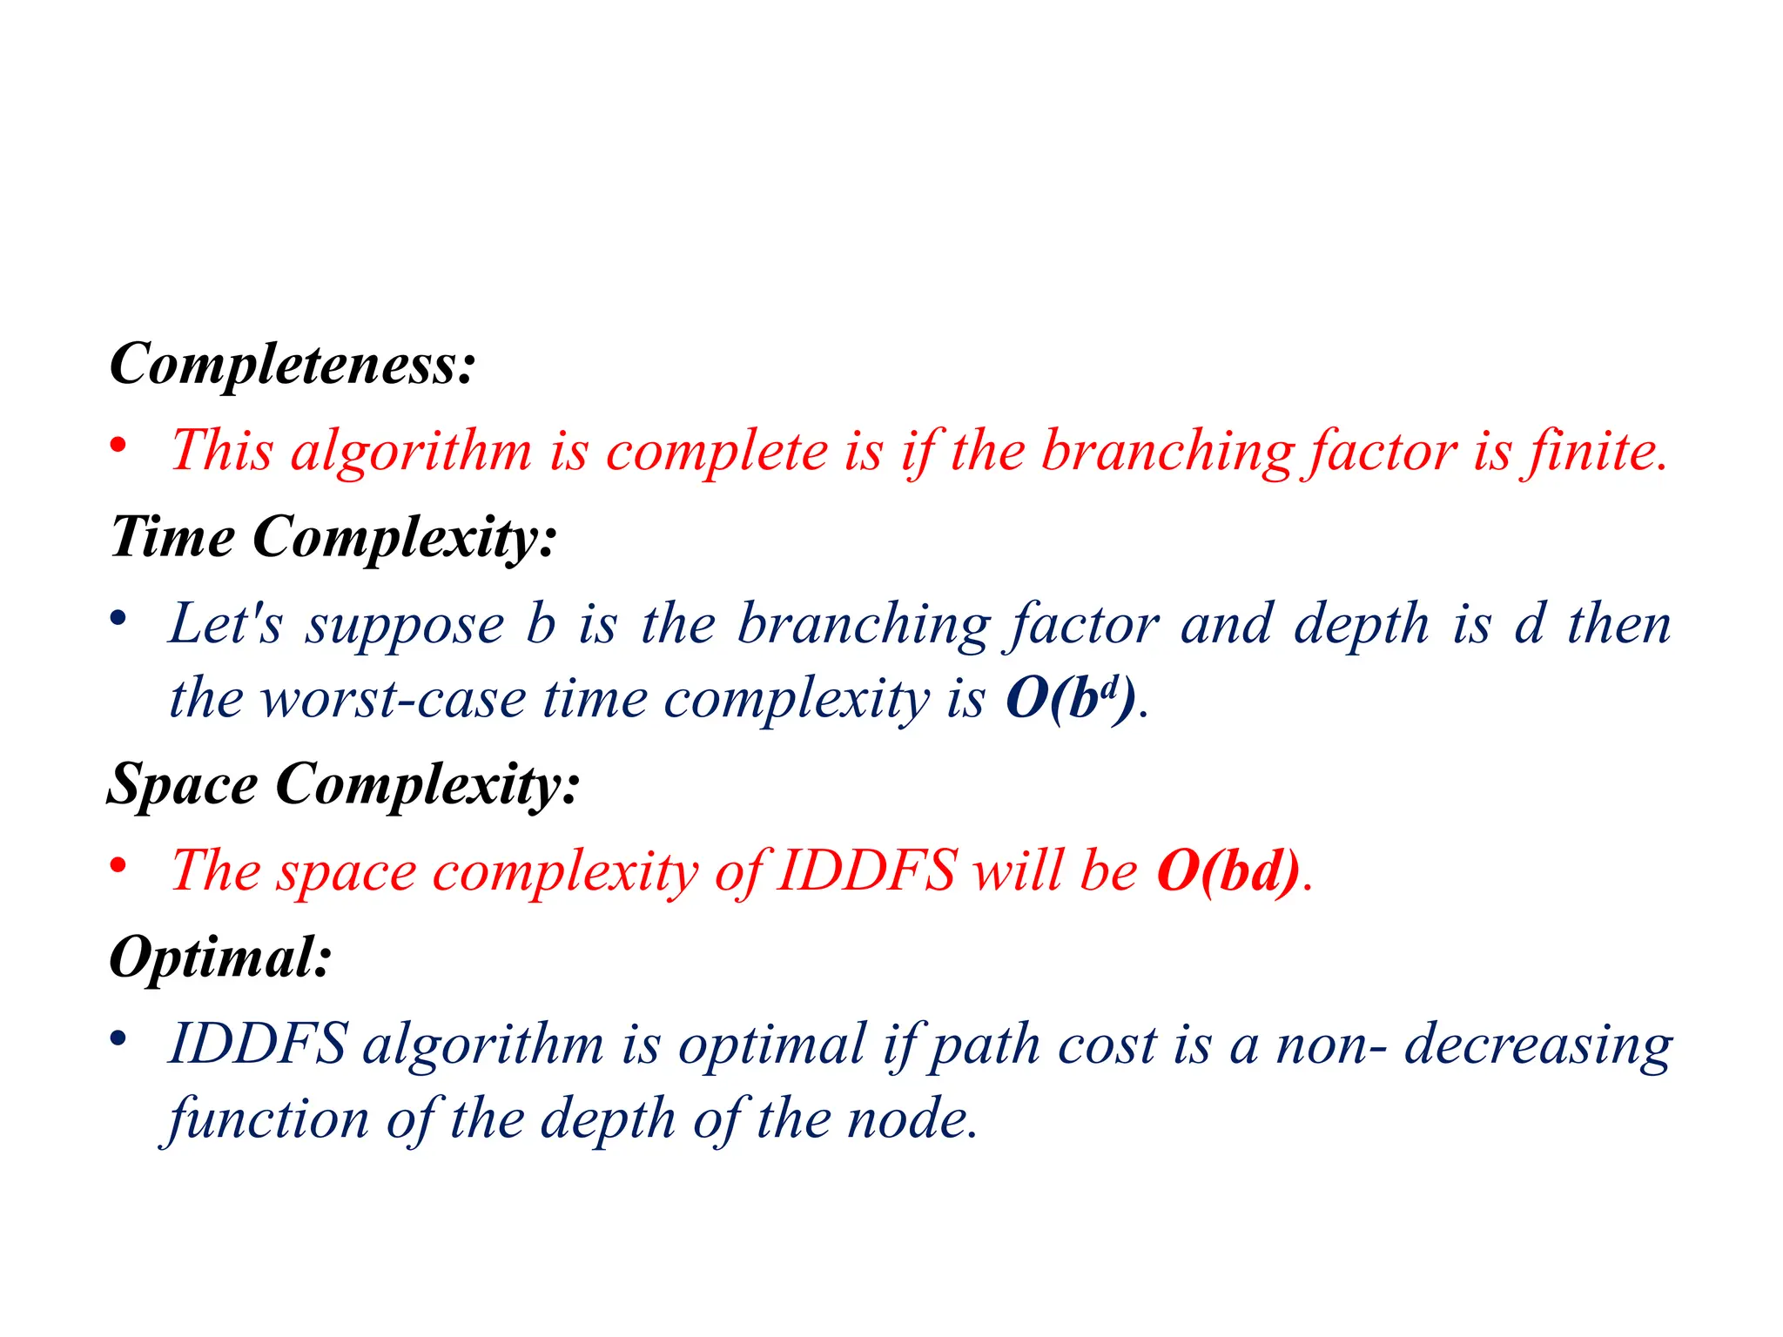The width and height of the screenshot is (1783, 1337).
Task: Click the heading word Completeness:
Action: [x=292, y=364]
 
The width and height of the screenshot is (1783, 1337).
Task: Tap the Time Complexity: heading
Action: [x=333, y=537]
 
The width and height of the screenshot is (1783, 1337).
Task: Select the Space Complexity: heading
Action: [x=343, y=784]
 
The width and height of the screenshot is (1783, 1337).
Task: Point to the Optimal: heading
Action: [x=220, y=957]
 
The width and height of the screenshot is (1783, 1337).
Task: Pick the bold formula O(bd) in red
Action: [x=1228, y=870]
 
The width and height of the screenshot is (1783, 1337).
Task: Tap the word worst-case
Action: [x=394, y=699]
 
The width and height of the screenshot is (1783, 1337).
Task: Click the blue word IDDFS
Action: [x=259, y=1044]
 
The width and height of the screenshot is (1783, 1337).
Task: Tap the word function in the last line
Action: [x=268, y=1119]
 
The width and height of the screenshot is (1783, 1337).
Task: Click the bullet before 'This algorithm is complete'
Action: [x=118, y=446]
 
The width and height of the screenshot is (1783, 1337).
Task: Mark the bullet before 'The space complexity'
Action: [x=118, y=866]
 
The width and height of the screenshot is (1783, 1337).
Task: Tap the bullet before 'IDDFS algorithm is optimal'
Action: [x=118, y=1038]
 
